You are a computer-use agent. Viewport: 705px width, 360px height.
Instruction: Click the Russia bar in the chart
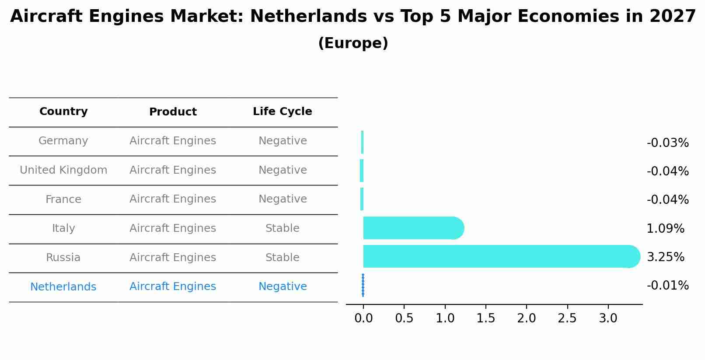499,256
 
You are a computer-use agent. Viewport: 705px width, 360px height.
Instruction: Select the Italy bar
411,228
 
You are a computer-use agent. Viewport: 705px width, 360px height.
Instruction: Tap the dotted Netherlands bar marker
363,285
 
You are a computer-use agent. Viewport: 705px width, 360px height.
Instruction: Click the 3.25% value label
665,257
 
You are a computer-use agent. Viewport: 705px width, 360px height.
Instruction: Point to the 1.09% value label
665,229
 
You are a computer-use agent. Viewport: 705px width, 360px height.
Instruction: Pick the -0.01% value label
667,286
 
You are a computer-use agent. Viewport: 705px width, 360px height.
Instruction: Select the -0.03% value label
667,143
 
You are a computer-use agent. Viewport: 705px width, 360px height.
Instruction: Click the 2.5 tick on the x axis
567,318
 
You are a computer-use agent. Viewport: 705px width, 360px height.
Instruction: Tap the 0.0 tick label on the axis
363,318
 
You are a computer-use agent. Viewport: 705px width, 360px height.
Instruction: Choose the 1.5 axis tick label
485,318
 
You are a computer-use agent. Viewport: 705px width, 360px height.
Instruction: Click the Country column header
63,112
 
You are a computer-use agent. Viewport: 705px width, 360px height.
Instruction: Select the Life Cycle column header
283,112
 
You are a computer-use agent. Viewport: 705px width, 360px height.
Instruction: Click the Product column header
173,112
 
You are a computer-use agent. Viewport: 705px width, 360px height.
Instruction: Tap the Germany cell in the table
63,141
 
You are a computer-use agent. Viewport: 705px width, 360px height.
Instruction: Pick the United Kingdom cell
63,170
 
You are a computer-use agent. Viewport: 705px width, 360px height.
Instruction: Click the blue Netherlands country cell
63,287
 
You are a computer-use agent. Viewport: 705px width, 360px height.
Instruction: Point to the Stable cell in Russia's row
283,258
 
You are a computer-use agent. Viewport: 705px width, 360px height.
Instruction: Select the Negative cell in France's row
283,199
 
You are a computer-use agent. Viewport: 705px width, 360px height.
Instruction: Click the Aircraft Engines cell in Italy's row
173,228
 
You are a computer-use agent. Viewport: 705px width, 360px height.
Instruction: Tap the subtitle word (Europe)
353,43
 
